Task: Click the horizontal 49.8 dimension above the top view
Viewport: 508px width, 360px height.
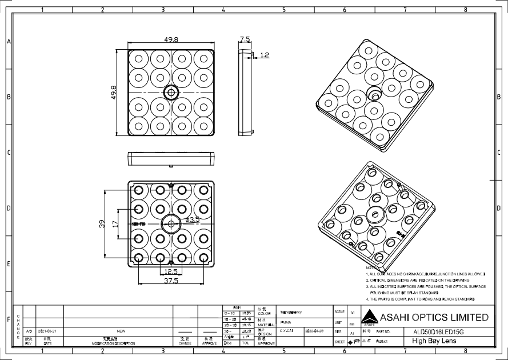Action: click(171, 40)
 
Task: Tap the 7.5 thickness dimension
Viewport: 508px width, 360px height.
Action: click(245, 39)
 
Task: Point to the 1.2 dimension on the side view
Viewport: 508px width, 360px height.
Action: click(265, 55)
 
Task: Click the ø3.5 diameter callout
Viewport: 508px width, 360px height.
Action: click(193, 219)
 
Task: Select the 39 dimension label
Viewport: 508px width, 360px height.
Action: click(102, 223)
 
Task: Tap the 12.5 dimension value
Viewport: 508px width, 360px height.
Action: click(171, 271)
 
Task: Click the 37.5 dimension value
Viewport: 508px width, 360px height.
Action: click(171, 281)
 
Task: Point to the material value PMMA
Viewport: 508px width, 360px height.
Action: click(286, 322)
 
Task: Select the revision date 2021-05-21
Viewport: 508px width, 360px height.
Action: click(48, 331)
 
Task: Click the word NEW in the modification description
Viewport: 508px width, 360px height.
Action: click(121, 331)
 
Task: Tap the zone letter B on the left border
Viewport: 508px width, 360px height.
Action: click(8, 97)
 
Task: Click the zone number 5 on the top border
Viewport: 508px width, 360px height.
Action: click(283, 10)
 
